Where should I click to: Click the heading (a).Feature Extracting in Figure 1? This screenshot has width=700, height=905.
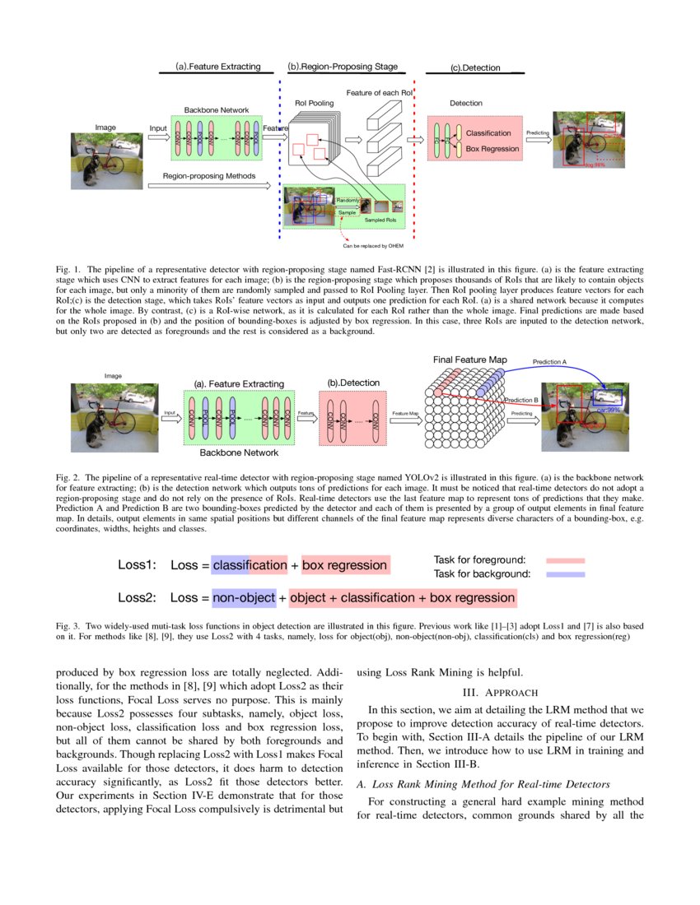(217, 67)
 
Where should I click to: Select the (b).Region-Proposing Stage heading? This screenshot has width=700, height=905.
(342, 67)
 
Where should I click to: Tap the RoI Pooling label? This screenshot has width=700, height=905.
(315, 103)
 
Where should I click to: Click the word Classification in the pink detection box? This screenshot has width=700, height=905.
(492, 132)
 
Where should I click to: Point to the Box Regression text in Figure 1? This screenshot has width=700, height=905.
(492, 149)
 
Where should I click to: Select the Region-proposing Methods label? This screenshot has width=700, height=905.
(208, 176)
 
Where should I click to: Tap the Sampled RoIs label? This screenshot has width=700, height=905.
(380, 221)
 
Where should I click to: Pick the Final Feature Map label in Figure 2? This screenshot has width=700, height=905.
(470, 360)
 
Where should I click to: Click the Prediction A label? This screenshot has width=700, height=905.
(549, 361)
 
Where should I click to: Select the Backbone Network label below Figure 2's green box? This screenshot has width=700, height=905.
(238, 452)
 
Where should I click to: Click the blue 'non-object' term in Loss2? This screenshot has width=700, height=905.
(243, 597)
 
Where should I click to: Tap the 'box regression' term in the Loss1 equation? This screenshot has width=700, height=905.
(344, 565)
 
